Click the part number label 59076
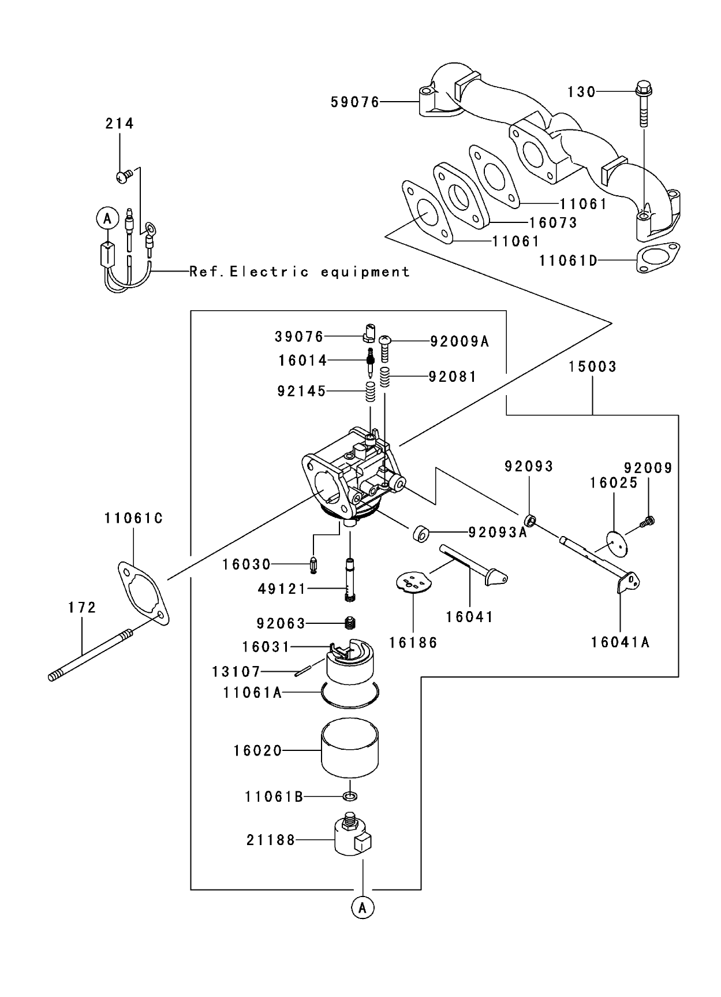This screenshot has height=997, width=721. click(354, 102)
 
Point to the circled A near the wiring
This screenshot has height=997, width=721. click(107, 219)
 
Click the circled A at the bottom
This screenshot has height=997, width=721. click(362, 907)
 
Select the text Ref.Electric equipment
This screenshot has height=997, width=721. click(300, 271)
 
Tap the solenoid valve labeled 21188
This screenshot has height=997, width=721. click(352, 836)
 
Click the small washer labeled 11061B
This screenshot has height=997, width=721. click(350, 797)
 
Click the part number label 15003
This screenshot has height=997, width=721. click(592, 367)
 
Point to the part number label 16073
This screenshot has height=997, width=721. click(553, 223)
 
